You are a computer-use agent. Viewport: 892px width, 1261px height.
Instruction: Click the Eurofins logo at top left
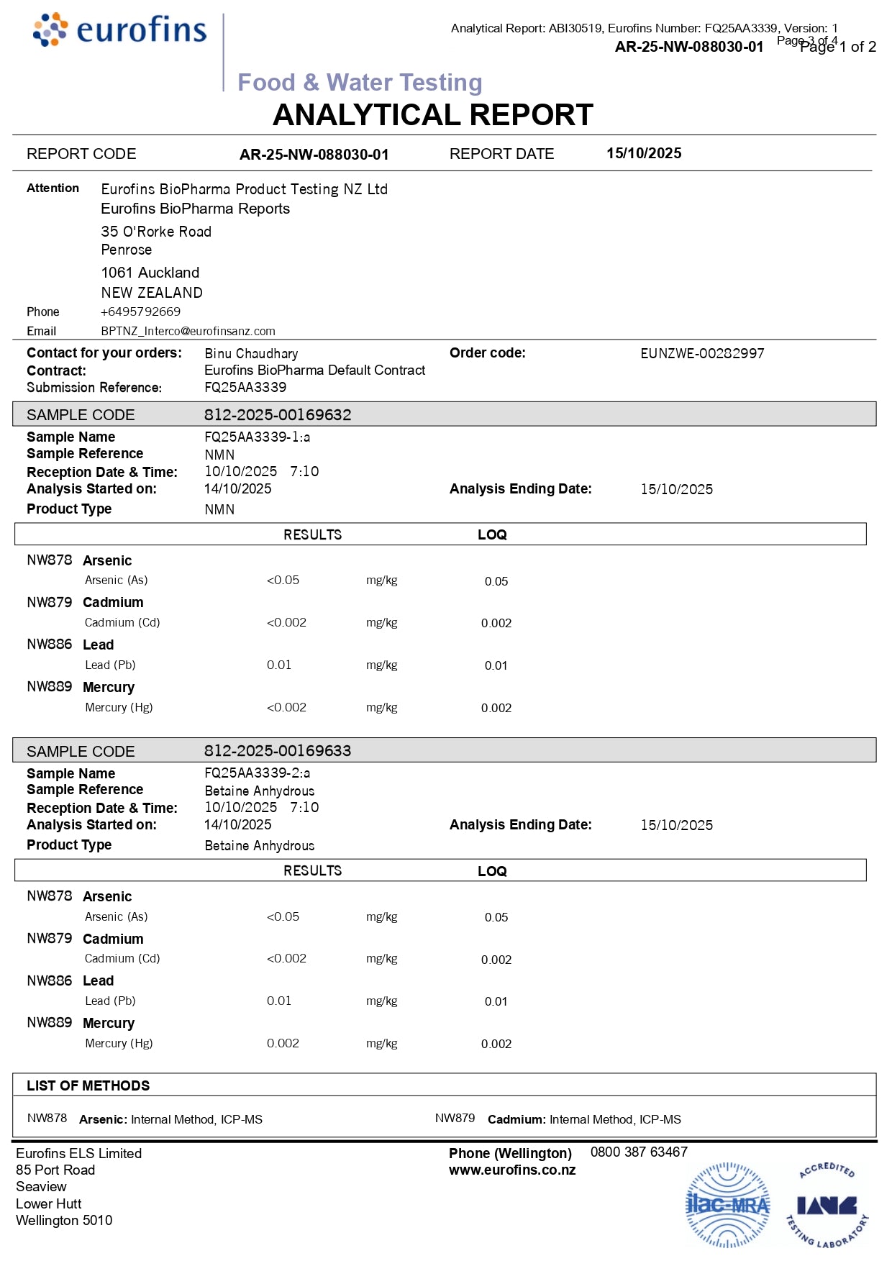119,30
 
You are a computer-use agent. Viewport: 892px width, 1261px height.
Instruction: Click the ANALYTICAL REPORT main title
433,115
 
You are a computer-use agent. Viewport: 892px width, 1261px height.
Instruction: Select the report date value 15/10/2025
644,153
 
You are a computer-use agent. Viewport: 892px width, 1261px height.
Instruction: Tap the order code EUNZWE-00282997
702,353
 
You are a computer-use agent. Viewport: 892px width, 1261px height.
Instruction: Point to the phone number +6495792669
141,311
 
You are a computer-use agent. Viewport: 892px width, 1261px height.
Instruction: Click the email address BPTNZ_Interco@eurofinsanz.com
188,331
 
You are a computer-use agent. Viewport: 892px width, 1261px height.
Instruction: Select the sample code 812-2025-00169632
278,414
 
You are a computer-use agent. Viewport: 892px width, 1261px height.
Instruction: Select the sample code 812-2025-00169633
278,750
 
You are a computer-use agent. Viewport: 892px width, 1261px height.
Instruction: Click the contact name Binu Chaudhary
251,353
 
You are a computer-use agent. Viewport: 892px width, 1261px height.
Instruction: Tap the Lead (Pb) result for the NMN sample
279,665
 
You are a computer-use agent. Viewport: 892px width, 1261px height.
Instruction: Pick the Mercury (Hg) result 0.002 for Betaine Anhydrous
283,1043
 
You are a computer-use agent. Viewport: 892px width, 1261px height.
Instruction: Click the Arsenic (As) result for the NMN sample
283,580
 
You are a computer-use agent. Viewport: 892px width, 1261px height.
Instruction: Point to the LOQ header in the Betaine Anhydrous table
492,871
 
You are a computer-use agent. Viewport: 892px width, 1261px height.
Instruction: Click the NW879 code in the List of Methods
455,1118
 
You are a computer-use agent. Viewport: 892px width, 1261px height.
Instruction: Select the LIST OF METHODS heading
88,1085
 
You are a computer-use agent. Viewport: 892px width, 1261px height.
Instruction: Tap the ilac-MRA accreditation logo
727,1205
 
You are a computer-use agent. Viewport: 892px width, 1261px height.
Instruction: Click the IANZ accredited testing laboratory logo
827,1205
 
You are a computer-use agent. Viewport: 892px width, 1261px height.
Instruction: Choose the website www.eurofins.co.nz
512,1170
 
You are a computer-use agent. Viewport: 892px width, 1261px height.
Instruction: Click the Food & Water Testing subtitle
360,83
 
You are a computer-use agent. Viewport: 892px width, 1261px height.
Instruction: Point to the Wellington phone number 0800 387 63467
639,1152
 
